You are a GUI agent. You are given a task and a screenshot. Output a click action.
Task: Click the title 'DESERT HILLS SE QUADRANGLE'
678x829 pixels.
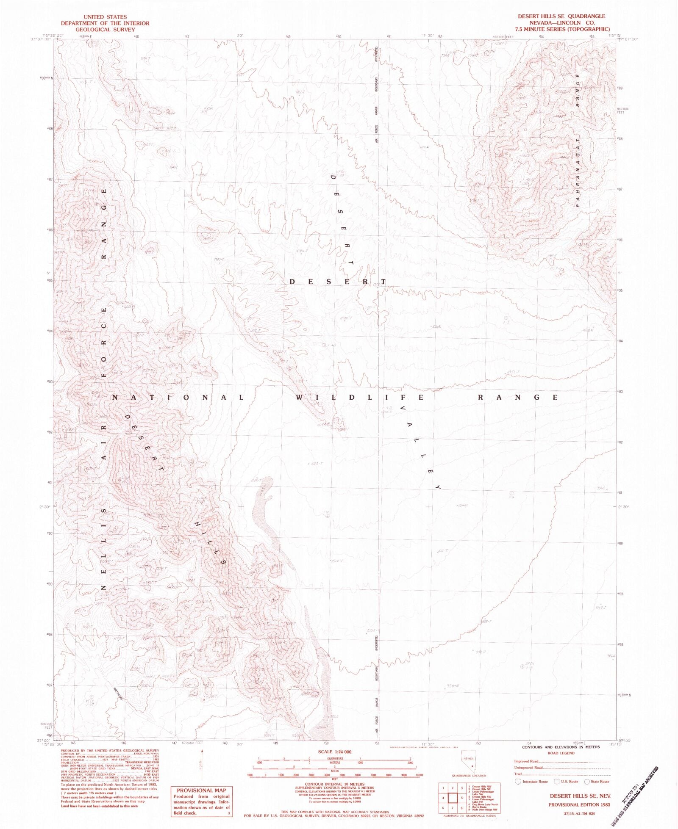coord(561,16)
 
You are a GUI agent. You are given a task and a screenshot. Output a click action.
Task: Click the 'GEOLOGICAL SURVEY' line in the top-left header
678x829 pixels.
coord(105,30)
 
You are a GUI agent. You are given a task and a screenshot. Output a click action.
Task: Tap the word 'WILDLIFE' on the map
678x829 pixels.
coord(359,397)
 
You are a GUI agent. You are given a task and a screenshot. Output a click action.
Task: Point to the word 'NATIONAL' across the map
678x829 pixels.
coord(178,397)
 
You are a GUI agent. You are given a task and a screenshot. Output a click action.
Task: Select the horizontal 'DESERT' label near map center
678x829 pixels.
coord(338,282)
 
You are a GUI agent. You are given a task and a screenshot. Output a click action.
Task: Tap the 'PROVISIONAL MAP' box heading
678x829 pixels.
coord(201,790)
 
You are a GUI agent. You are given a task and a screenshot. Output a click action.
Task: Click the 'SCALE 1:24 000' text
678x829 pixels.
coord(334,752)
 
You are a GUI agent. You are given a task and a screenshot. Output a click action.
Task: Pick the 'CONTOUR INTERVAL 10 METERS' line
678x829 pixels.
coord(334,784)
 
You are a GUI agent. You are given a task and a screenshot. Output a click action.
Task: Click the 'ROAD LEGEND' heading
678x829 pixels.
coord(561,753)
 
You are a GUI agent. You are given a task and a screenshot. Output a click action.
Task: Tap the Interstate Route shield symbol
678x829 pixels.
coord(518,782)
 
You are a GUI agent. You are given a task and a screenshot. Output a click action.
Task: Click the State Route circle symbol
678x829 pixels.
coord(587,782)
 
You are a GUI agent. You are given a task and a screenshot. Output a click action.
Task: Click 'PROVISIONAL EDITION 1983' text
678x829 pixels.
coord(579,804)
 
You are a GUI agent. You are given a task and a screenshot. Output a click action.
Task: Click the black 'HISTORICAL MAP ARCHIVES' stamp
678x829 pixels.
coord(636,796)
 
